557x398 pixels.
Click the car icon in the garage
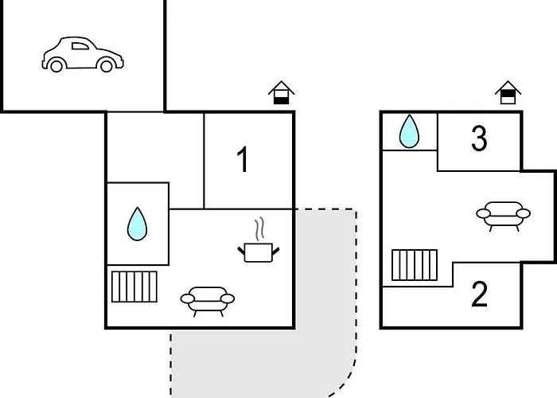pyautogui.click(x=83, y=54)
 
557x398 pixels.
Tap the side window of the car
pyautogui.click(x=80, y=46)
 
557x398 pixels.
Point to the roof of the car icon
pyautogui.click(x=76, y=38)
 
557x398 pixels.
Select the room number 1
pyautogui.click(x=243, y=159)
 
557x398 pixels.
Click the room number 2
pyautogui.click(x=479, y=294)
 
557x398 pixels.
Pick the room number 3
pyautogui.click(x=479, y=139)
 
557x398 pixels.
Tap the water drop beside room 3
pyautogui.click(x=409, y=131)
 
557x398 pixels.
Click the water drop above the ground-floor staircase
pyautogui.click(x=137, y=224)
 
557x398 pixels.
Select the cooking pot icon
pyautogui.click(x=259, y=252)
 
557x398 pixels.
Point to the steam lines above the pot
pyautogui.click(x=260, y=228)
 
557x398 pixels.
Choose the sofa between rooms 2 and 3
pyautogui.click(x=504, y=217)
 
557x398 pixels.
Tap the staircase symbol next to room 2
pyautogui.click(x=415, y=265)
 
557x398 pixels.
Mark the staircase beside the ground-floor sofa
pyautogui.click(x=134, y=287)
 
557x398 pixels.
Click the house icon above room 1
pyautogui.click(x=282, y=93)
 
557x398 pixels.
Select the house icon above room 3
pyautogui.click(x=508, y=93)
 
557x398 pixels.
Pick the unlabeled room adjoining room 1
pyautogui.click(x=156, y=147)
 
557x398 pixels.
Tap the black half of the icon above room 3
pyautogui.click(x=508, y=93)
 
